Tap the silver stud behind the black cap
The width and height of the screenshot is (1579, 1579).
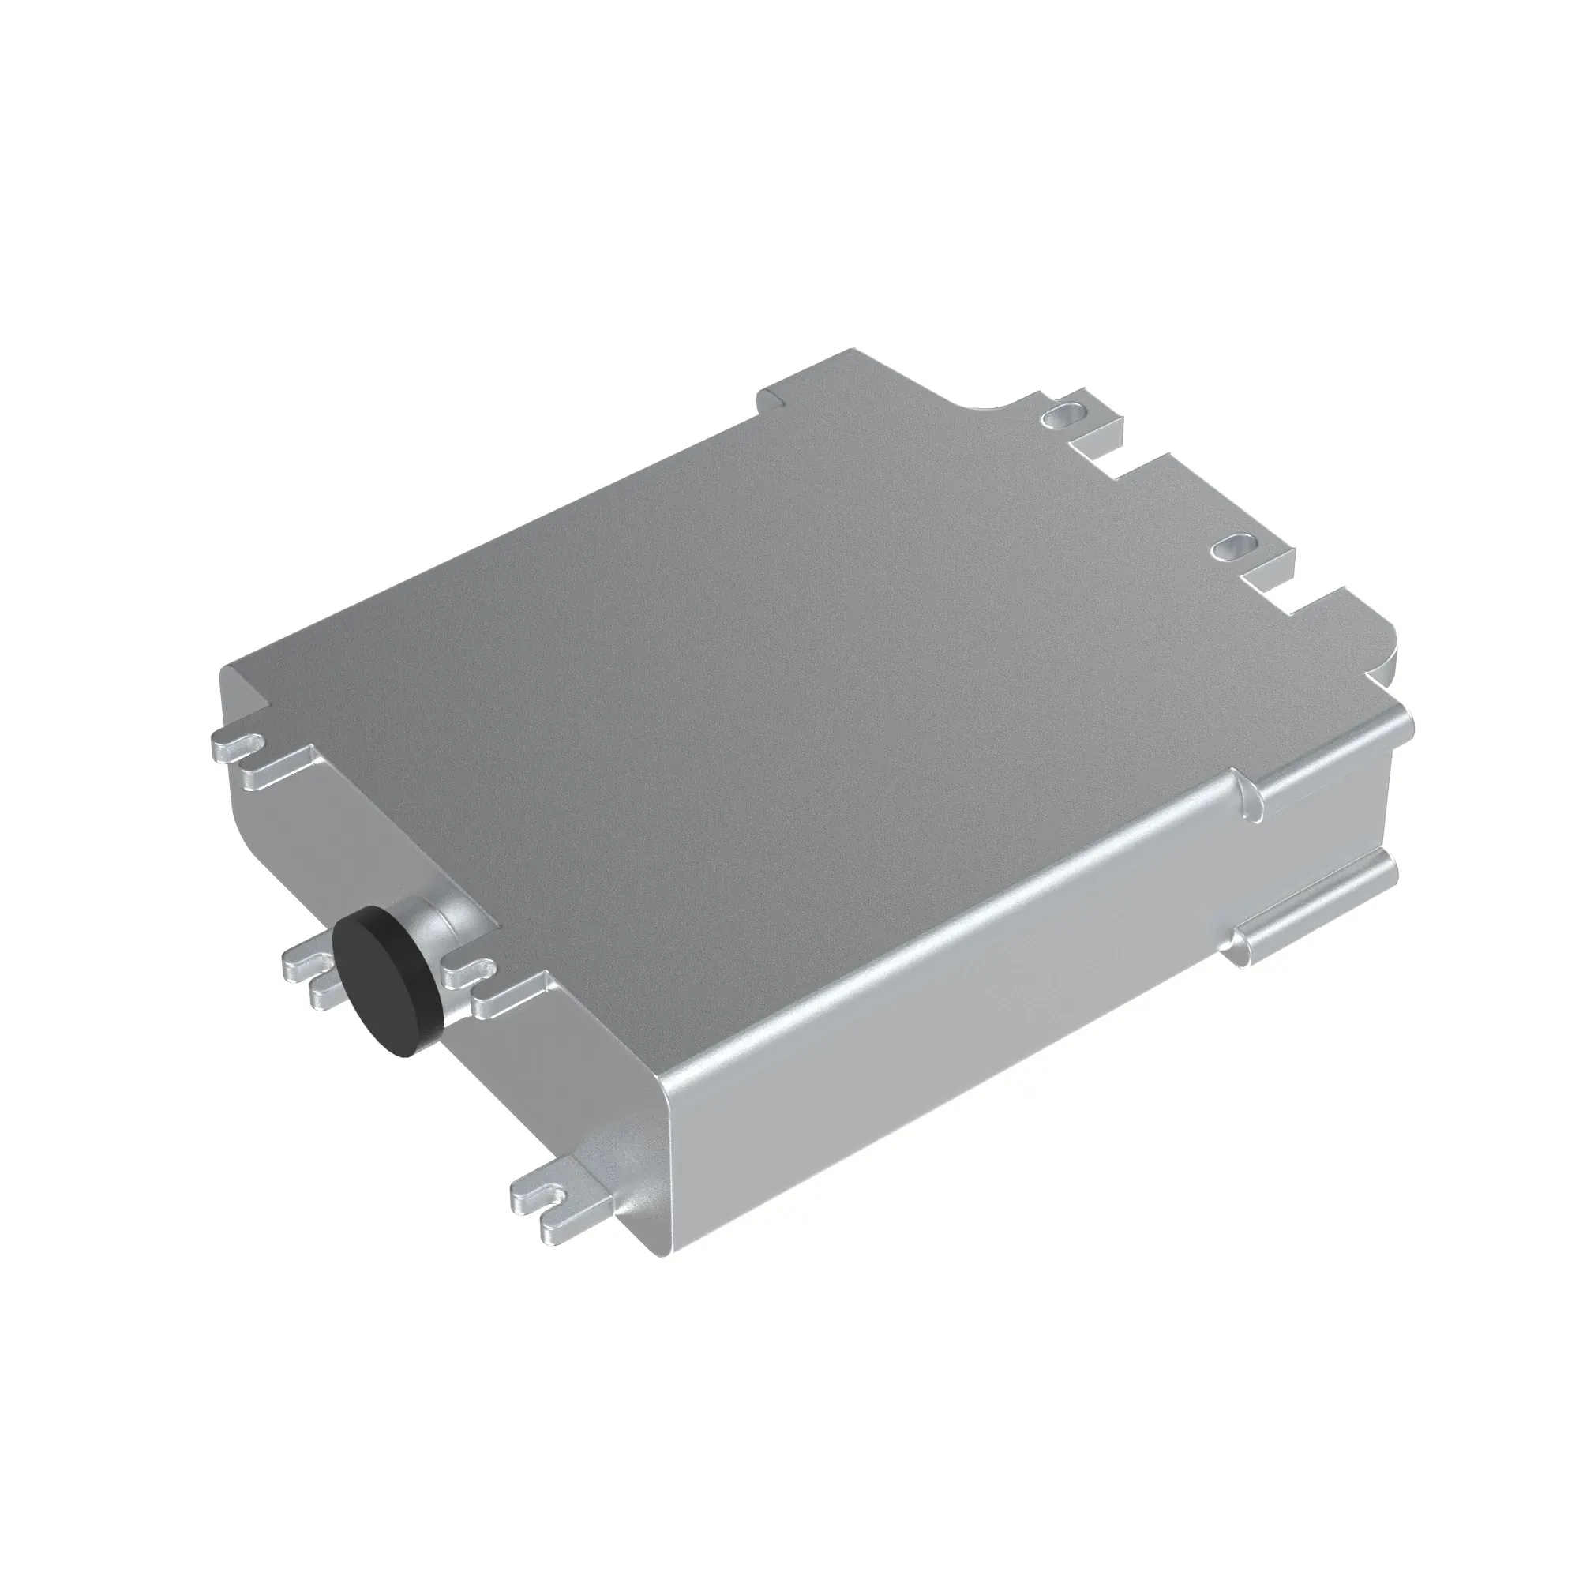438,927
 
